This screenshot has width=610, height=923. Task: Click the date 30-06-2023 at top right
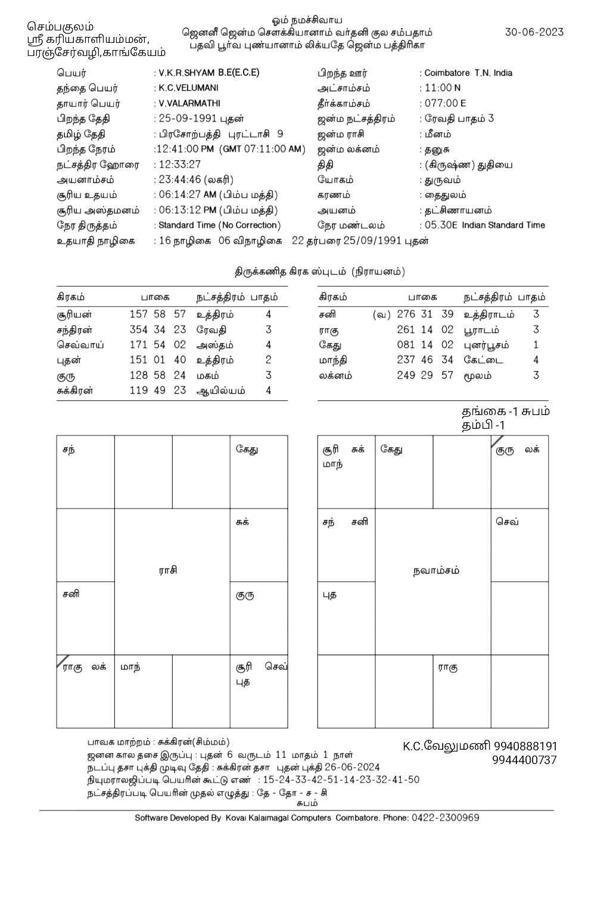tap(534, 32)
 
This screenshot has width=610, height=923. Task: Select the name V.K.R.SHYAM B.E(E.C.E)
tap(208, 73)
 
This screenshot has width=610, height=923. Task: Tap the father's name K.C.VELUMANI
tap(189, 88)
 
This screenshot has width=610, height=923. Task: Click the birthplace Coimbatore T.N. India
tap(468, 73)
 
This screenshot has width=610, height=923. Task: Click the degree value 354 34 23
tap(158, 330)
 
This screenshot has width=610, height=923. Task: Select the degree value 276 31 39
tap(425, 314)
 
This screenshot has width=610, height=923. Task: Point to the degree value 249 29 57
tap(425, 376)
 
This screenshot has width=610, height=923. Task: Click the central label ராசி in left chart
tap(168, 570)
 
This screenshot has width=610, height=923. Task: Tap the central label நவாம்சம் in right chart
tap(436, 570)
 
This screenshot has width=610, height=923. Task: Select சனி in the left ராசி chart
tap(71, 594)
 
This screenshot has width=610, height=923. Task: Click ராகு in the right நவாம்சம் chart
tap(448, 668)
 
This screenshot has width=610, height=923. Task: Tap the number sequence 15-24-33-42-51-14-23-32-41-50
tap(341, 780)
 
